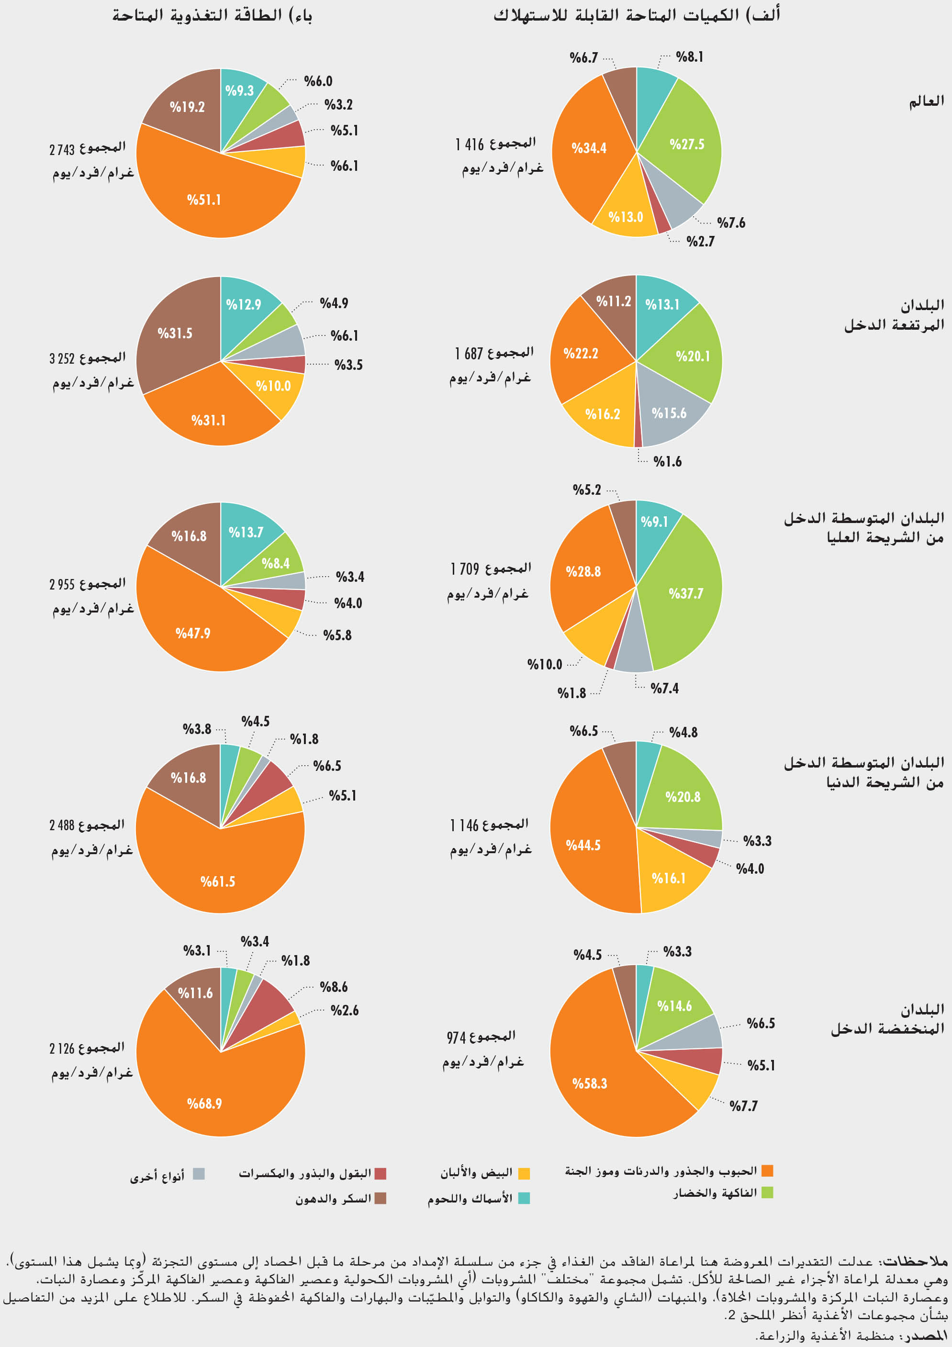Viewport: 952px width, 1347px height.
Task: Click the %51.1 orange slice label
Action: [204, 200]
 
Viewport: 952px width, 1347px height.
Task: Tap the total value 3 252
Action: [62, 358]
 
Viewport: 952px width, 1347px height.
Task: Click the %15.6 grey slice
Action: [669, 413]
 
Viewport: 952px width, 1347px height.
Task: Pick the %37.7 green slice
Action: [685, 594]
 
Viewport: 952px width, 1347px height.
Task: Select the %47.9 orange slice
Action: [192, 634]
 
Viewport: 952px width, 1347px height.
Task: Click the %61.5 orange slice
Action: [217, 882]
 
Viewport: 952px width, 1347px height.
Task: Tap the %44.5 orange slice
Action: [583, 846]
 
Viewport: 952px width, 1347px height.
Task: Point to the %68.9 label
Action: [204, 1103]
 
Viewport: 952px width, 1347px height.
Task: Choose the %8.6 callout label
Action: [334, 987]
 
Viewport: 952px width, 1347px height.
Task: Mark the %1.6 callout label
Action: [667, 462]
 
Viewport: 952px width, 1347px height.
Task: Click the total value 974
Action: [456, 1038]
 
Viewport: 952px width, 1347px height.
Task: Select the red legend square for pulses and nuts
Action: [381, 1173]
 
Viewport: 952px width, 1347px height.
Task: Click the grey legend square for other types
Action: [199, 1173]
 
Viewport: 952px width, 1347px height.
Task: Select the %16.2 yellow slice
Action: [602, 414]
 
